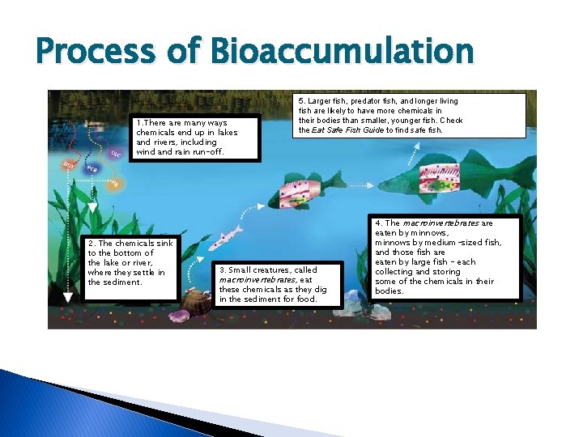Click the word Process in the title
tap(101, 52)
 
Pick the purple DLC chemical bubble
tap(115, 153)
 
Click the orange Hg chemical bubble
tap(114, 184)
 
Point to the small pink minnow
tap(224, 238)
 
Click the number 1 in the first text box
tap(138, 123)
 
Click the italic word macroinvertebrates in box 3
tap(253, 280)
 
